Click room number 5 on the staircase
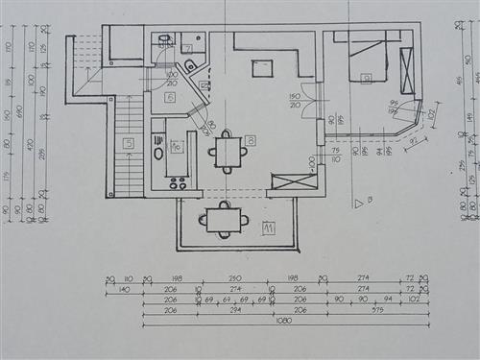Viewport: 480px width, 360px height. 128,143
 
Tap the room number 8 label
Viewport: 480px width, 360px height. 250,141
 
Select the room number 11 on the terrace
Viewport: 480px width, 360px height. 269,228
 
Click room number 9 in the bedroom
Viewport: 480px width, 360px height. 366,79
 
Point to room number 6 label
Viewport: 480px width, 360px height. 170,97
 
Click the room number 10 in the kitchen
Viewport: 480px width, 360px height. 177,147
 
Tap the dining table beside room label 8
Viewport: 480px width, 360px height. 228,151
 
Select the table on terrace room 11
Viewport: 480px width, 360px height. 224,220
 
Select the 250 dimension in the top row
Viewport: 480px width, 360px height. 235,277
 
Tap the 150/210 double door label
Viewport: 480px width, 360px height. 295,101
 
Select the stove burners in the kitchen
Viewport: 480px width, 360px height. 178,181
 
